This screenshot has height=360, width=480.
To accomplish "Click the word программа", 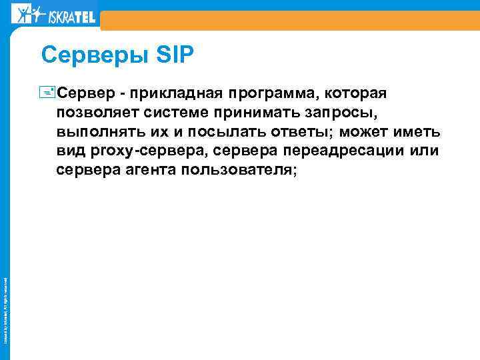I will click(273, 91).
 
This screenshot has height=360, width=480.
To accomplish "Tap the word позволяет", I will click(97, 111).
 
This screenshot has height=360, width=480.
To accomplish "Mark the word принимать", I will click(262, 111).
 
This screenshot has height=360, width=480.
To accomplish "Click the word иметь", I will click(417, 131).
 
